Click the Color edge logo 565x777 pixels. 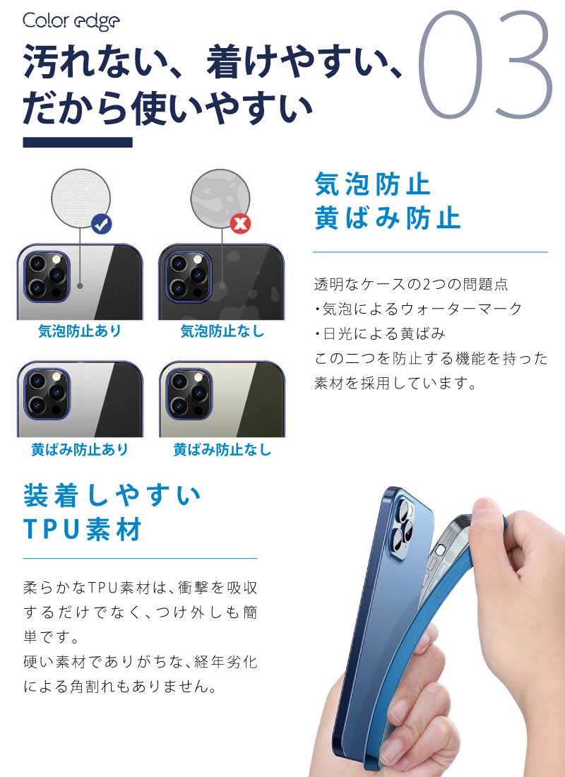[71, 21]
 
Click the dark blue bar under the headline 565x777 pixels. [78, 142]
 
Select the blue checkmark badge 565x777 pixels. [102, 225]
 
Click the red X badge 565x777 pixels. [242, 225]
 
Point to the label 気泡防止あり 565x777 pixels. [80, 331]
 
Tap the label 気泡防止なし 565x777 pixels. [222, 331]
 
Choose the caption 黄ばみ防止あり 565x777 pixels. [80, 449]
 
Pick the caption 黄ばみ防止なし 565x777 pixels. [222, 449]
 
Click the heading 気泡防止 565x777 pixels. [372, 185]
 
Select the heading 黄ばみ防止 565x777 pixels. [388, 218]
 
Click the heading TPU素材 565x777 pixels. [83, 529]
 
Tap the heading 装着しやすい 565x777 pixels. [113, 496]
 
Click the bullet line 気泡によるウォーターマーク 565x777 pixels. [418, 309]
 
